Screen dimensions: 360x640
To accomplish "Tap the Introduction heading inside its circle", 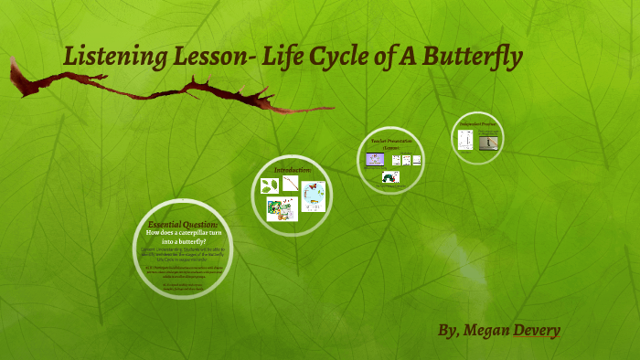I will pyautogui.click(x=293, y=170).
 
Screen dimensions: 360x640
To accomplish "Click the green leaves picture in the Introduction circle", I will pyautogui.click(x=270, y=185).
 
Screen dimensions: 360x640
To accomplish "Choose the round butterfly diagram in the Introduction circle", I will pyautogui.click(x=314, y=196).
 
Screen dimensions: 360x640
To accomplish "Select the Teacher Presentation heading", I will pyautogui.click(x=391, y=143).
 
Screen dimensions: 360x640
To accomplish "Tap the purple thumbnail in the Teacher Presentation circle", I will pyautogui.click(x=373, y=159).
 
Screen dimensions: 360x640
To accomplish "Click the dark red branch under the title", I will pyautogui.click(x=165, y=91).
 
